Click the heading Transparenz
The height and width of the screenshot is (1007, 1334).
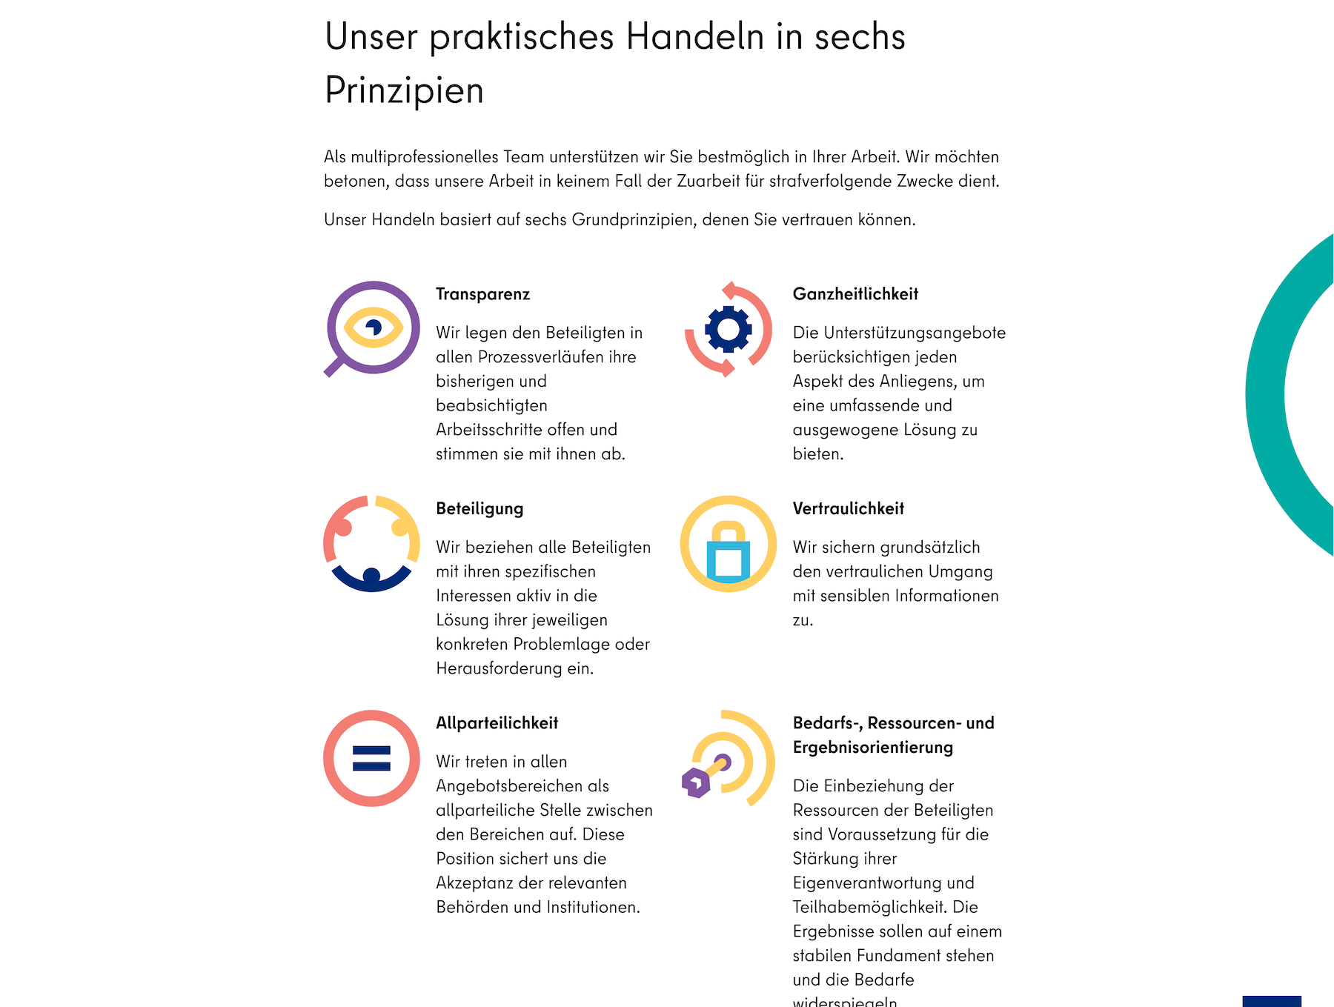point(482,294)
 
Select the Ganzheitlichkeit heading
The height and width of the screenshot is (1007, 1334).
point(855,294)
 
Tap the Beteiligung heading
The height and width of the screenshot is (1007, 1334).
point(479,509)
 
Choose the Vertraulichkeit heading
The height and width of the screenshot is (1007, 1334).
point(848,509)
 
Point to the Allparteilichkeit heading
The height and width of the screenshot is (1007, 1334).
point(497,723)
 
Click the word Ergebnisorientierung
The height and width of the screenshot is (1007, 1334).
point(872,748)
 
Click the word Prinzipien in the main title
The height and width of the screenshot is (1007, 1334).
point(404,90)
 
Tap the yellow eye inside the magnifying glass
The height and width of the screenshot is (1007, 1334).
point(374,327)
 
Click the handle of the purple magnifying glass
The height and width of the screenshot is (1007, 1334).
point(333,367)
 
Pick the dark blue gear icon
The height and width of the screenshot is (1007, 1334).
point(729,328)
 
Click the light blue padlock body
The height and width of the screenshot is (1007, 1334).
point(729,561)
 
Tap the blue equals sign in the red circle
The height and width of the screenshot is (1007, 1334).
point(371,759)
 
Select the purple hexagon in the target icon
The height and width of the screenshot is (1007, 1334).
point(696,782)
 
